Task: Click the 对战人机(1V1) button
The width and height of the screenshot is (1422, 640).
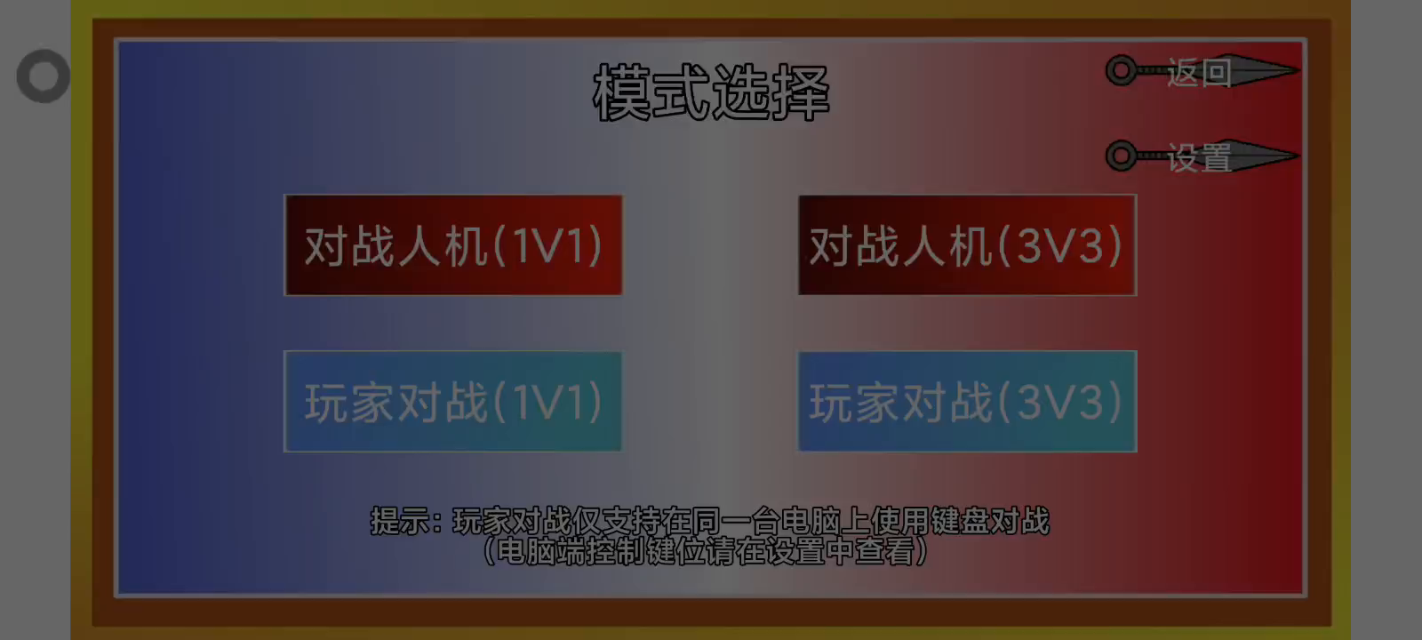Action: click(453, 245)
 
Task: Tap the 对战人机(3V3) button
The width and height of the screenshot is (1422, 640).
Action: click(968, 245)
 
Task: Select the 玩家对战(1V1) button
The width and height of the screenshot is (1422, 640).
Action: click(453, 401)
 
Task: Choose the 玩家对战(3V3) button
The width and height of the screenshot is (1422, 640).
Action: click(968, 401)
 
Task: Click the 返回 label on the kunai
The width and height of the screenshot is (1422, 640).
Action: click(1199, 72)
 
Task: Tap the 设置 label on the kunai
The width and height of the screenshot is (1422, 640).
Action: click(1199, 157)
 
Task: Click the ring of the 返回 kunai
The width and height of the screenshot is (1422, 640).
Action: click(1122, 59)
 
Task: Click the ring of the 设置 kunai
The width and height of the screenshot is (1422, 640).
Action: click(1122, 144)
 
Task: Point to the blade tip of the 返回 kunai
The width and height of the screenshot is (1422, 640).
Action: click(1299, 70)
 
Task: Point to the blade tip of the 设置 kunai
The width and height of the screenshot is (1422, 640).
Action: click(1299, 155)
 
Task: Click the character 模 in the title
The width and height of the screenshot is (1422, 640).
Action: click(621, 92)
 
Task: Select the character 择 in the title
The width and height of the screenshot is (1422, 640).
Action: click(801, 92)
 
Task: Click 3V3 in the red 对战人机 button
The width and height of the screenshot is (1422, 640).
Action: click(1060, 246)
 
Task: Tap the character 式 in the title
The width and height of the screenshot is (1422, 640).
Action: click(681, 92)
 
